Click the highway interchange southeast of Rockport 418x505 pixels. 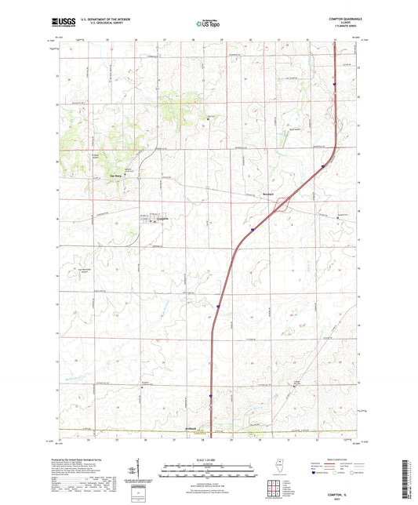tap(282, 205)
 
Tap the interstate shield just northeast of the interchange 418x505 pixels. tap(323, 166)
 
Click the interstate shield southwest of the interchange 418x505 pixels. tap(253, 230)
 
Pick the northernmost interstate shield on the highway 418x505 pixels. tap(334, 85)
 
